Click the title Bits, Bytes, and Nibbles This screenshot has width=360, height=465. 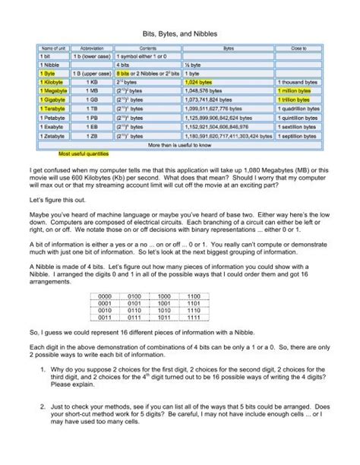179,33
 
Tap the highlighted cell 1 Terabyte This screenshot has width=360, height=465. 54,108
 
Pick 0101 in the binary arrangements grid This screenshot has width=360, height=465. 149,302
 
